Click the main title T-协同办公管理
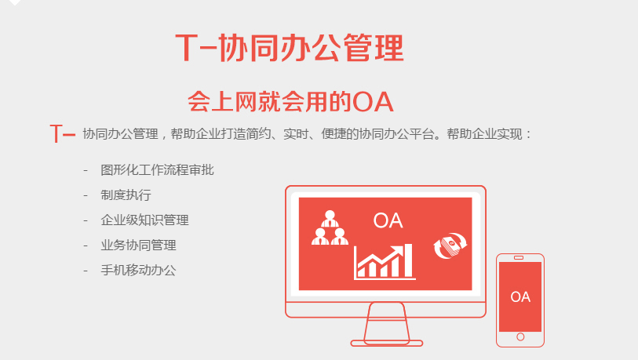pyautogui.click(x=290, y=49)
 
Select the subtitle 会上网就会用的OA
pyautogui.click(x=290, y=102)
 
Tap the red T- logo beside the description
pyautogui.click(x=63, y=134)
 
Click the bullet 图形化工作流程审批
pyautogui.click(x=157, y=170)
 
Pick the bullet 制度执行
pyautogui.click(x=126, y=195)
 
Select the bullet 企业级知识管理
pyautogui.click(x=144, y=220)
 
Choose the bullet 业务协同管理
pyautogui.click(x=138, y=245)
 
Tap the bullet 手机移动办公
pyautogui.click(x=138, y=270)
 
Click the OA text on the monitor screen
pyautogui.click(x=388, y=221)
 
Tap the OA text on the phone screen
pyautogui.click(x=520, y=297)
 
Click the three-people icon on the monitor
pyautogui.click(x=330, y=227)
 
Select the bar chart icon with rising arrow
pyautogui.click(x=385, y=262)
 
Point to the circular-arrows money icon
pyautogui.click(x=450, y=245)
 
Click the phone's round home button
pyautogui.click(x=520, y=336)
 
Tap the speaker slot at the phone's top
pyautogui.click(x=519, y=257)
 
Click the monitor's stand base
pyautogui.click(x=387, y=344)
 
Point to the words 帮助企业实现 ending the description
pyautogui.click(x=484, y=134)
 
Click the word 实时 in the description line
pyautogui.click(x=296, y=134)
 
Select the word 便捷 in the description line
pyautogui.click(x=334, y=134)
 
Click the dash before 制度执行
pyautogui.click(x=86, y=195)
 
